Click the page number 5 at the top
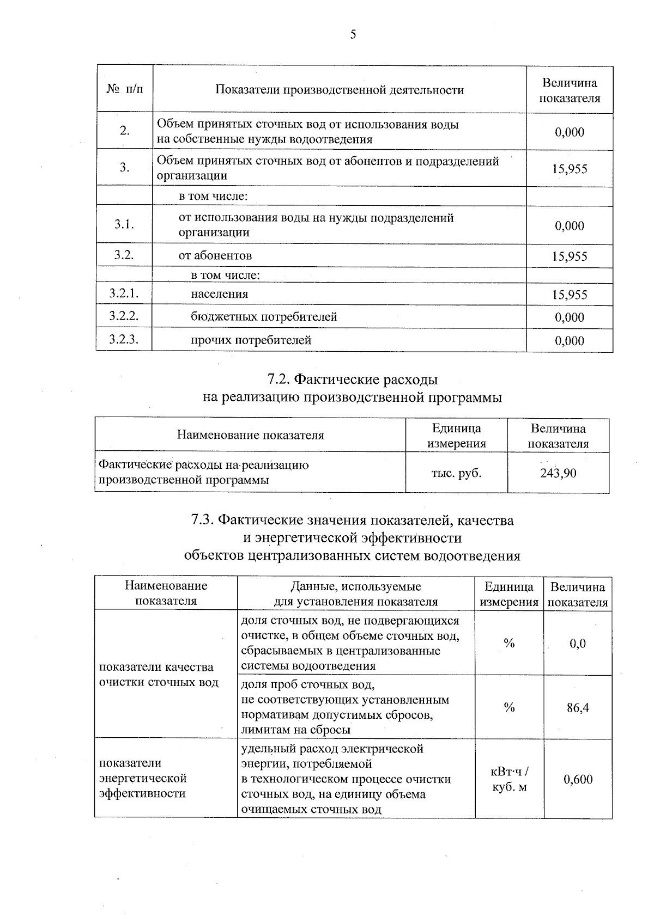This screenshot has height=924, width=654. coord(353,35)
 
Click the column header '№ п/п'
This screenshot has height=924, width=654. coord(125,89)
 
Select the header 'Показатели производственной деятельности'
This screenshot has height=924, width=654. coord(340,90)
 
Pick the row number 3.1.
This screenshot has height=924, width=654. coord(124,224)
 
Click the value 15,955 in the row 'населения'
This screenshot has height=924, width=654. coord(570,295)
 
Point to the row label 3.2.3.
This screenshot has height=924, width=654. coord(123,340)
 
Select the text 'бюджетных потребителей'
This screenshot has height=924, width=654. coord(264,316)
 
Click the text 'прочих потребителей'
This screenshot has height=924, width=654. coord(251,340)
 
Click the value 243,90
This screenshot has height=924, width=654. coord(558,473)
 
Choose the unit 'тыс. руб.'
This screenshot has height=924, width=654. coord(456,473)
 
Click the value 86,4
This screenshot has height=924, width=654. coord(578,707)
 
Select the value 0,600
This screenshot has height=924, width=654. coord(578,779)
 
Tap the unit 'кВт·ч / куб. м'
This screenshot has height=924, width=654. coord(509,779)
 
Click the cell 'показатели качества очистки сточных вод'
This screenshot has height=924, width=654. coord(158,675)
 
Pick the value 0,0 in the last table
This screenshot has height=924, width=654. coord(578,643)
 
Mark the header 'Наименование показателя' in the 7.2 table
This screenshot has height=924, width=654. coord(250,435)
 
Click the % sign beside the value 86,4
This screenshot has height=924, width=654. coord(509,707)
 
